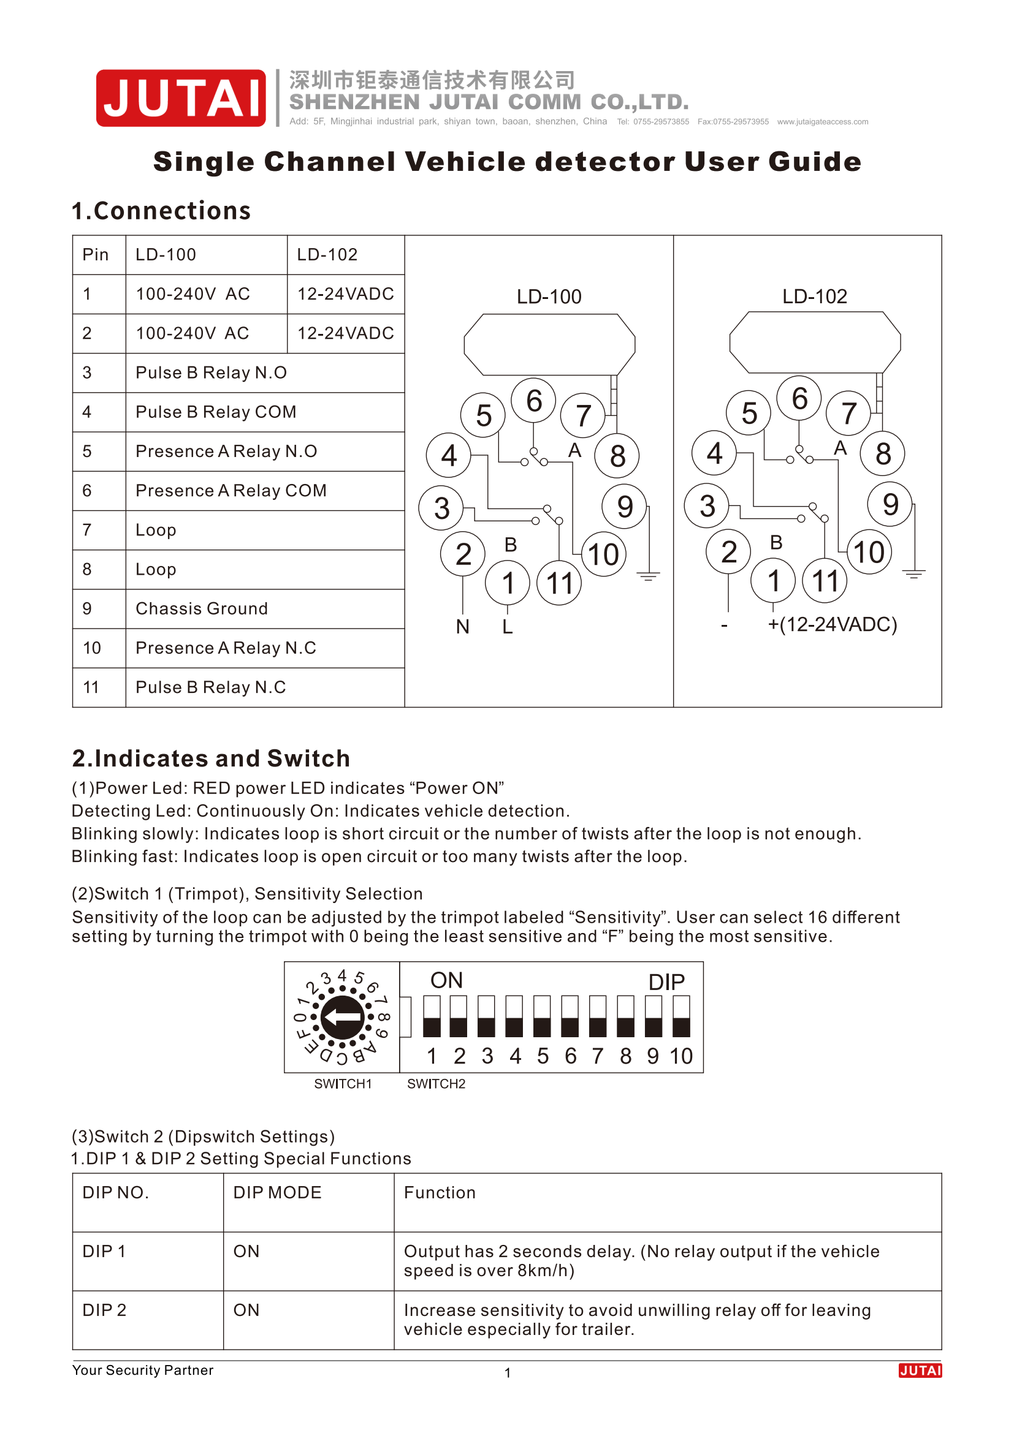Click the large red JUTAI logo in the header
point(180,98)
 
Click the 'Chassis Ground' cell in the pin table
point(202,608)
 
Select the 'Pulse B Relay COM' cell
point(215,412)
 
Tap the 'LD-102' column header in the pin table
point(327,255)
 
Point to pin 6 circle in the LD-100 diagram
point(533,401)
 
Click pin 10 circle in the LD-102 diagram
point(869,553)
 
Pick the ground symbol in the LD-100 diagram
point(648,575)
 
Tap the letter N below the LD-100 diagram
point(462,627)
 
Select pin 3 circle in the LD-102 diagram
point(707,505)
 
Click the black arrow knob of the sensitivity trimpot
point(342,1018)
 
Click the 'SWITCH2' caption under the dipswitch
point(436,1084)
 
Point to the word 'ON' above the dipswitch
point(446,980)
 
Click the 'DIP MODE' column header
point(277,1193)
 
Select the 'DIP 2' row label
point(104,1310)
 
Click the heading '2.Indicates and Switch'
point(211,758)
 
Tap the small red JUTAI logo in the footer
point(920,1371)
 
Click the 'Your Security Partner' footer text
point(142,1370)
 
